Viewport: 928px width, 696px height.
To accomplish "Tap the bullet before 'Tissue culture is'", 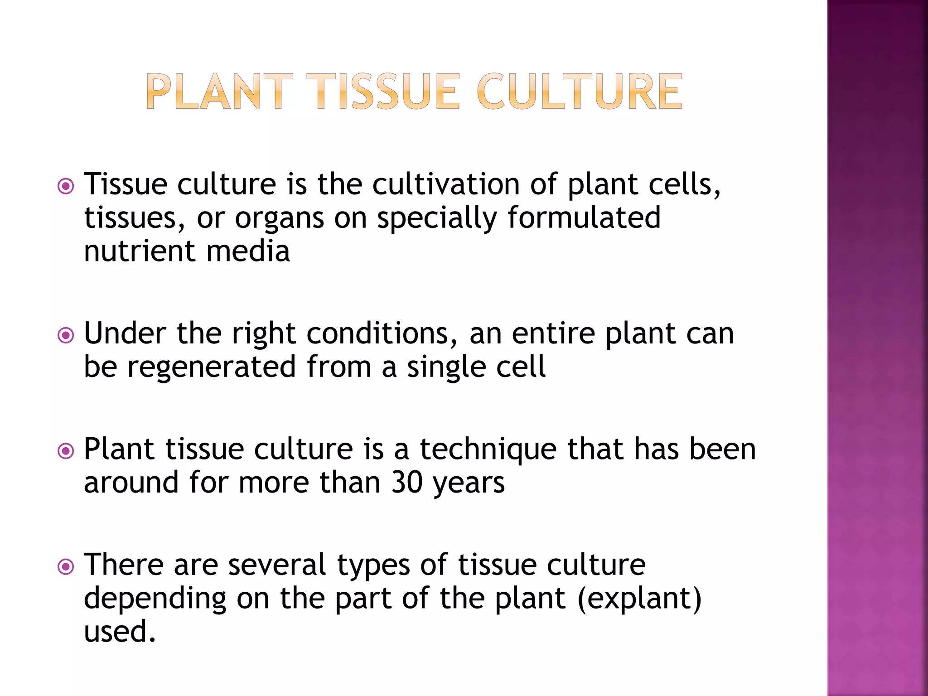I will point(66,186).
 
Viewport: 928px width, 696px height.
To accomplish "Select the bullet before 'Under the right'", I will point(66,335).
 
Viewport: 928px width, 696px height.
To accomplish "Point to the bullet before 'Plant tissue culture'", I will point(66,451).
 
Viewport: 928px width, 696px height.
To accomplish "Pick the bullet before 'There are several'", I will point(66,566).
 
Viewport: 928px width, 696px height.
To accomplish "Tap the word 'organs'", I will point(279,219).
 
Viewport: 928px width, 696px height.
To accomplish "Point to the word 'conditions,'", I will point(382,334).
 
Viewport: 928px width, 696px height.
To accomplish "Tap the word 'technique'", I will point(488,450).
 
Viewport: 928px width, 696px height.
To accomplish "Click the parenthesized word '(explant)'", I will point(639,599).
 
